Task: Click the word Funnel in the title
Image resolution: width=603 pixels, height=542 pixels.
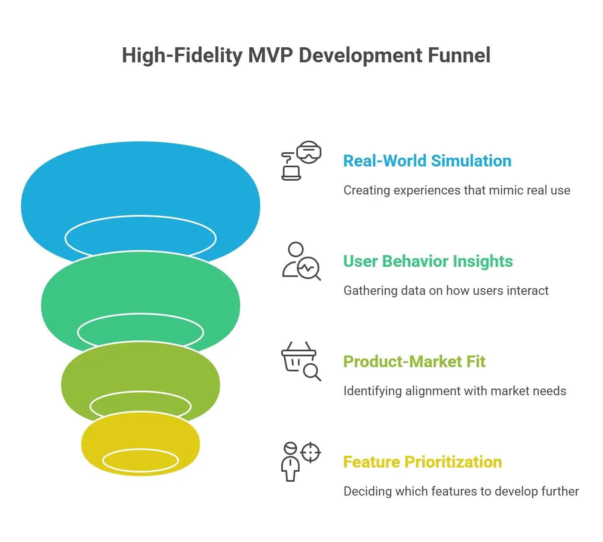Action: (459, 55)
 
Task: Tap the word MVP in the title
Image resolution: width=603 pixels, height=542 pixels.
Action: (270, 55)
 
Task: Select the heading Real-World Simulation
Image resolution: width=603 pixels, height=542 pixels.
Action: (427, 161)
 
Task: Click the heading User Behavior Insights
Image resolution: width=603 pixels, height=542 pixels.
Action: (428, 261)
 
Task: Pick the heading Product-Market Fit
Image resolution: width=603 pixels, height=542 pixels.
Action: (414, 361)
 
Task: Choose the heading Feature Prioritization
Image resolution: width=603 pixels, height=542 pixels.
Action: (422, 462)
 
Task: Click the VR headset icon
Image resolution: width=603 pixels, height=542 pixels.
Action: (309, 152)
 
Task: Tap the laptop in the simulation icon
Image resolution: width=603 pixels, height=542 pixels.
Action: (291, 173)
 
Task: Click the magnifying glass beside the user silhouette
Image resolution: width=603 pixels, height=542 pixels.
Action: (309, 269)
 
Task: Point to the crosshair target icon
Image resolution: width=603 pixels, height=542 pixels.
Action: (311, 452)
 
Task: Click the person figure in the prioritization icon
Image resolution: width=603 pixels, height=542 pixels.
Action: (290, 462)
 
